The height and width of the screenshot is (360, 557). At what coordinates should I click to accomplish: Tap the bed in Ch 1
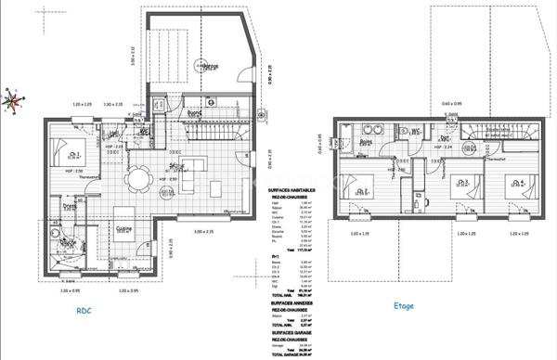pos(64,154)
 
